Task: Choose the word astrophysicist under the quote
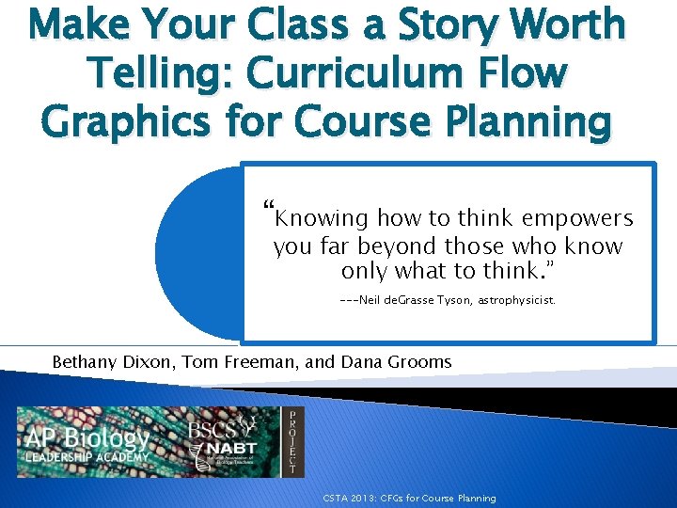coord(517,302)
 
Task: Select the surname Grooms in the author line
coord(420,361)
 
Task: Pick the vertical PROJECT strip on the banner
coord(294,442)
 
